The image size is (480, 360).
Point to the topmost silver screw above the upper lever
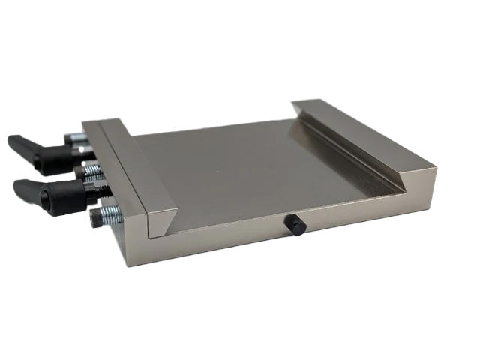click(76, 137)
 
